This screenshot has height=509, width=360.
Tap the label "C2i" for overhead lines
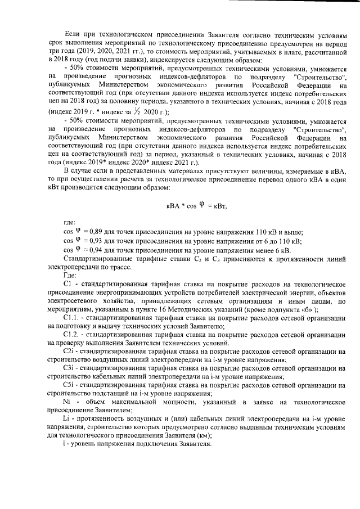[x=70, y=351]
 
